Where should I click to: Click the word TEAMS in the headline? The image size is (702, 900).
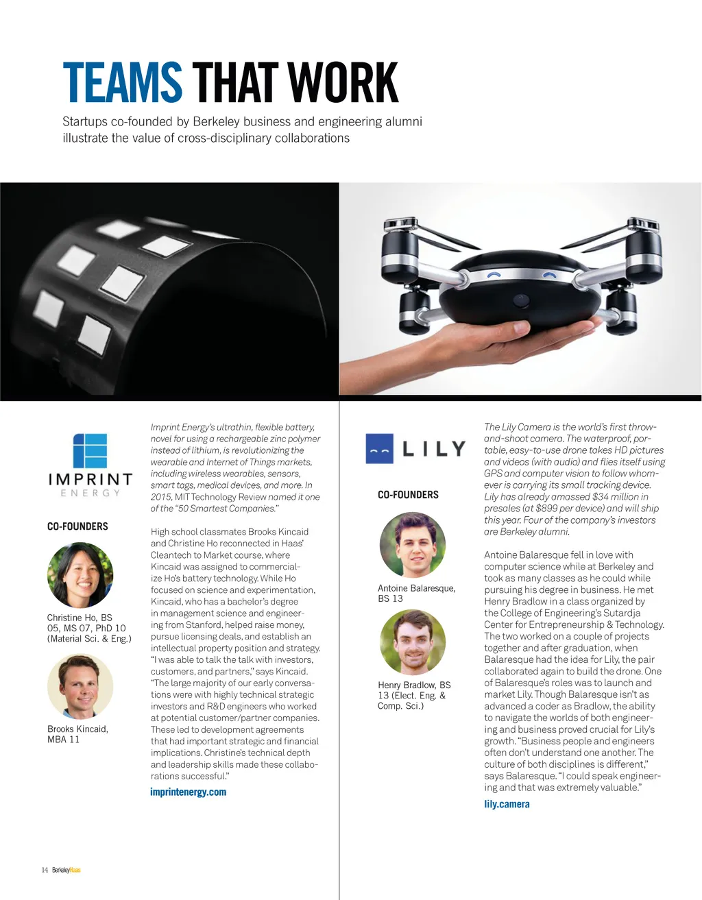coord(122,83)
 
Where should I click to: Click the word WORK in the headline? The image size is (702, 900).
coord(343,83)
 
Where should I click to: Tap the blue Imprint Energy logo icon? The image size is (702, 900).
coord(90,450)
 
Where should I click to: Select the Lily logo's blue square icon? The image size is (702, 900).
coord(379,448)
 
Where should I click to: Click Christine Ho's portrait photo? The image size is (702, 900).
coord(80,575)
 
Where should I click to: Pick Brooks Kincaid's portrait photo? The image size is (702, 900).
coord(80,686)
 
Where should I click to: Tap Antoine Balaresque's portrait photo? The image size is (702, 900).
coord(413,545)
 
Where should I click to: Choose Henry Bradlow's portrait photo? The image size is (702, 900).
coord(413,643)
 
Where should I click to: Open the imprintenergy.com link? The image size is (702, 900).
coord(188,792)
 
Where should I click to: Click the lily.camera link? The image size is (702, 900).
coord(507,804)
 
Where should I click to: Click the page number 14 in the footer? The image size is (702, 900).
coord(45,870)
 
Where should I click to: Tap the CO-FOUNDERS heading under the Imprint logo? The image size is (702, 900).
coord(77,526)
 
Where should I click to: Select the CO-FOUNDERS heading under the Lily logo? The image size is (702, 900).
coord(408,494)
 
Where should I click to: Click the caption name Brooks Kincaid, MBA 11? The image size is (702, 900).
coord(77,734)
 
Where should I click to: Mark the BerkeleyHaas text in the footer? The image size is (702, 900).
coord(66,870)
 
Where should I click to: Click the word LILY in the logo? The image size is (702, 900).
coord(434,449)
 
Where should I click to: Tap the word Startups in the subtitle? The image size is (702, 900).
coord(85,121)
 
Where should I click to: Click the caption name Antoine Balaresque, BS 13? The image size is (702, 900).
coord(416,593)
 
